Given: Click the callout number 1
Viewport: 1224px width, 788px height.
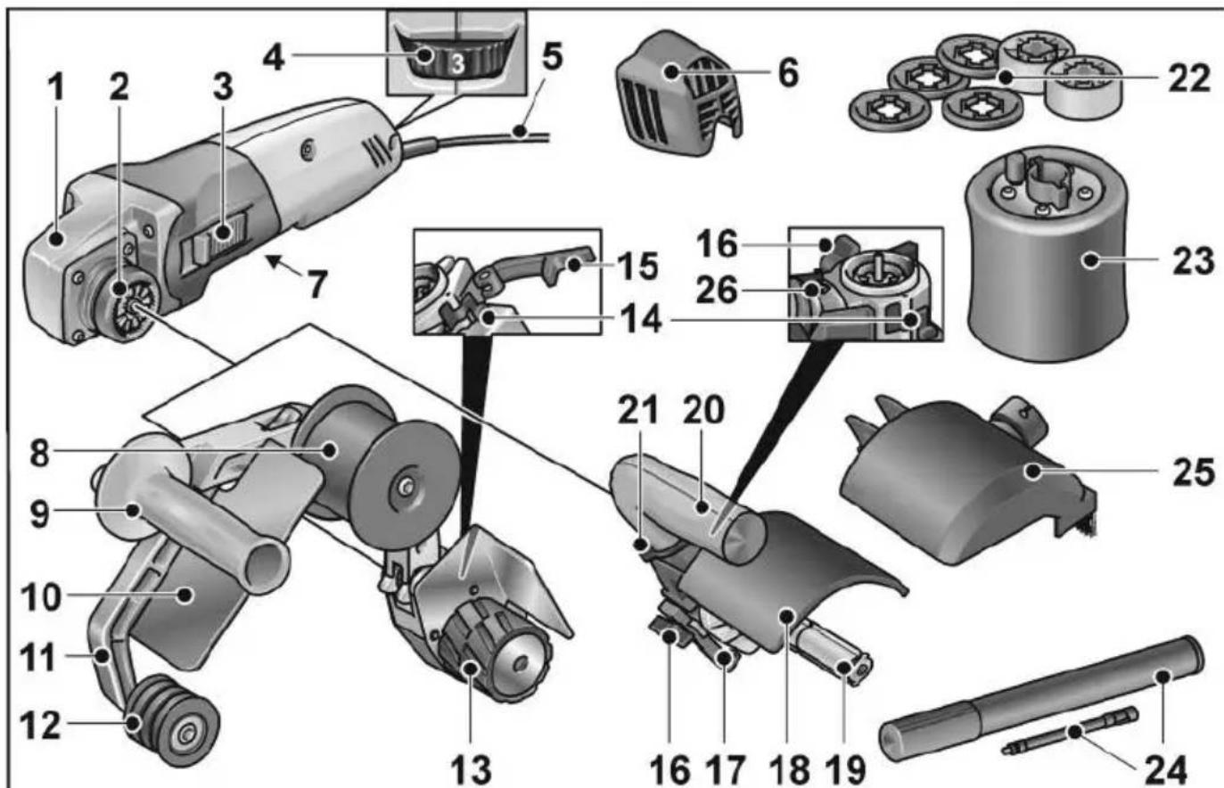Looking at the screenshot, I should click(x=56, y=87).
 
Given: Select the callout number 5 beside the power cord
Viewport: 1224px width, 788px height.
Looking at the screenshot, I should click(x=553, y=59).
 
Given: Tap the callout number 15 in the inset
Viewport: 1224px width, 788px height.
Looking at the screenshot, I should click(x=637, y=265).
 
